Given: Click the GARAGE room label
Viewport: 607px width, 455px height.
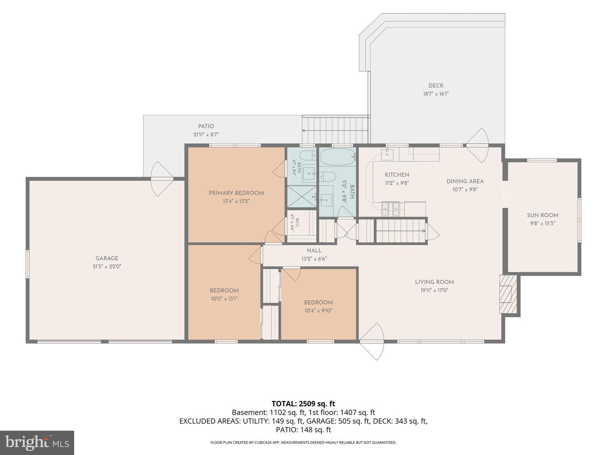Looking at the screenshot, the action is (x=107, y=258).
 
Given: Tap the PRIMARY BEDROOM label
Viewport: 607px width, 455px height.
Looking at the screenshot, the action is (x=236, y=193).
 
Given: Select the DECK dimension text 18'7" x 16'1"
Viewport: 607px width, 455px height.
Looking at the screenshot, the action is (x=436, y=94).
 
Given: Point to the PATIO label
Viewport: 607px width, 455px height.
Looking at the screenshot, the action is (x=206, y=126).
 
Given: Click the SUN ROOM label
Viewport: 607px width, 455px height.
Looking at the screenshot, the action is (x=543, y=215).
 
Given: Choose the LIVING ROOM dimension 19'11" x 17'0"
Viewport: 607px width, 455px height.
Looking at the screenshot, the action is (x=435, y=290).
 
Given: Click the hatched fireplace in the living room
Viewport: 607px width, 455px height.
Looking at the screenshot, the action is (x=508, y=294).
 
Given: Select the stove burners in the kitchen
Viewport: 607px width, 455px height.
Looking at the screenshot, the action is (x=390, y=209).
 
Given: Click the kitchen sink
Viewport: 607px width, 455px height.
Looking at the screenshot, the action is (x=387, y=155).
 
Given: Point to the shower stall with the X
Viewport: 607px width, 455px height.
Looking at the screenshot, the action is (x=302, y=196).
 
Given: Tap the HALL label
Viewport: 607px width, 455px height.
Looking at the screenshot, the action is (x=314, y=251).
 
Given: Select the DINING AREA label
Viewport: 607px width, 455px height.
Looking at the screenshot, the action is (x=465, y=181).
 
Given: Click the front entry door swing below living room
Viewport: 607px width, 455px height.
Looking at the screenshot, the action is (x=372, y=341).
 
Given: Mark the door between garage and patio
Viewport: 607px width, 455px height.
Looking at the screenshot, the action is (x=162, y=179).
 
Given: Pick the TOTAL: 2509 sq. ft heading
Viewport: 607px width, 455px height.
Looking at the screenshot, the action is (x=303, y=404).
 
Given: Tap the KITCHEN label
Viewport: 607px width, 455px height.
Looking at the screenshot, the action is (x=397, y=174).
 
